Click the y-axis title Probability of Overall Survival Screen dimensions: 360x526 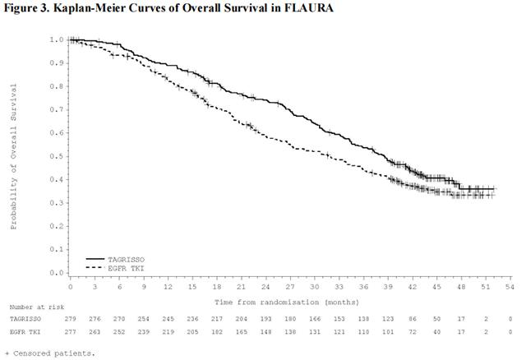pos(14,155)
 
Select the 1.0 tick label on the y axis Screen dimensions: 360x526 pos(56,39)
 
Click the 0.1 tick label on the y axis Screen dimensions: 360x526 pos(56,249)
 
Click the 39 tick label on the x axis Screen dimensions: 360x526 pos(388,288)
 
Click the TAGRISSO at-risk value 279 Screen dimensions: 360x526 pos(72,318)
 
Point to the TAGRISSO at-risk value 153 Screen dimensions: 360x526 pos(339,318)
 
